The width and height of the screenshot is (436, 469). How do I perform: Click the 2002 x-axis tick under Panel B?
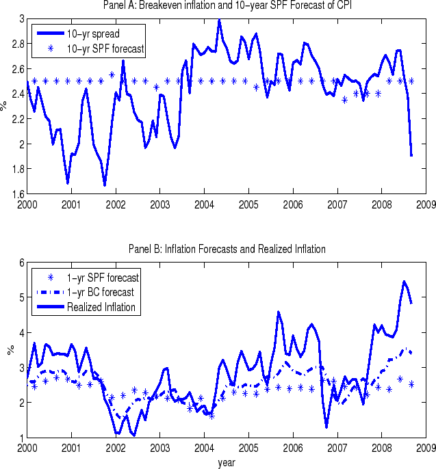(115, 448)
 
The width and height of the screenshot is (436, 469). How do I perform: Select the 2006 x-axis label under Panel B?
(292, 448)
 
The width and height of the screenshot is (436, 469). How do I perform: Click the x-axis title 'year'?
(227, 462)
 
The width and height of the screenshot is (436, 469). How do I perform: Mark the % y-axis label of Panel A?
(5, 106)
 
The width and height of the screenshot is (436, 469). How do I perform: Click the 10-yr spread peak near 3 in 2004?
(219, 20)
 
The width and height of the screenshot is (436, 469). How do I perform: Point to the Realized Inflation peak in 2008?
(404, 281)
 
